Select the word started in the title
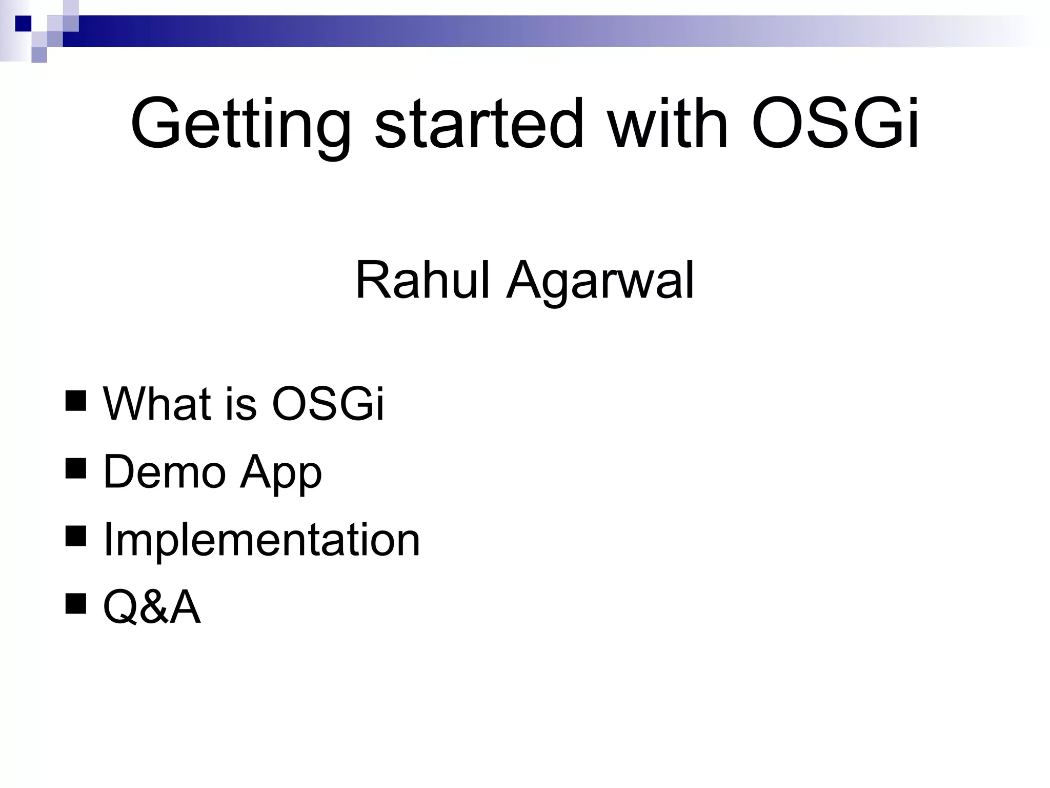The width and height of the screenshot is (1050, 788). tap(479, 123)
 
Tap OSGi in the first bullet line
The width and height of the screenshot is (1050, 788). tap(327, 403)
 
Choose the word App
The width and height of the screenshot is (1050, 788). tap(281, 475)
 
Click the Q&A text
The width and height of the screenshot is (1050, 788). tap(152, 607)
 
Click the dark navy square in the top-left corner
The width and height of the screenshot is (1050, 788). tap(24, 24)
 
